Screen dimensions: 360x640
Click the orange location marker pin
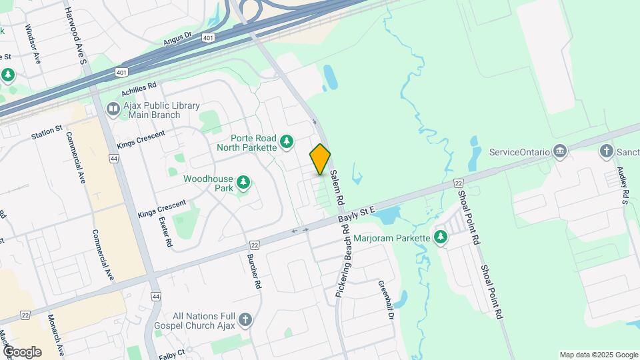(320, 159)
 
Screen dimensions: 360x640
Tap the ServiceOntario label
(519, 152)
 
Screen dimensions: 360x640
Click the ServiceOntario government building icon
(560, 152)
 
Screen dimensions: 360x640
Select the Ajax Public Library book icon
(113, 109)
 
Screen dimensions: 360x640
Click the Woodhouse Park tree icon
(243, 183)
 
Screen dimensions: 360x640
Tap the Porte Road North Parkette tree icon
(286, 141)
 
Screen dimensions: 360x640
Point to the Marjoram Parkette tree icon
(440, 237)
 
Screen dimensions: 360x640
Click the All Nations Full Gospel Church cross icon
(245, 321)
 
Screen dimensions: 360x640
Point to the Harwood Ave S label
(75, 37)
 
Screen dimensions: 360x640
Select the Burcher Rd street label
(253, 271)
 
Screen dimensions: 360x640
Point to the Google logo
(22, 351)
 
